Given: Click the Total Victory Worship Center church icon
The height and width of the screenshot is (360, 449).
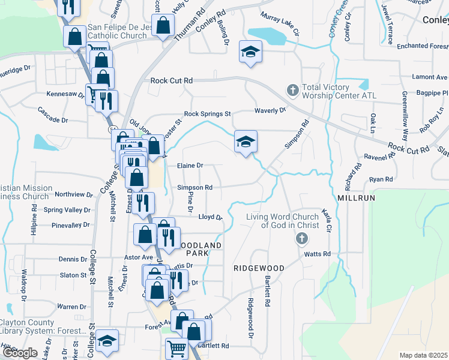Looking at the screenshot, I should pos(292,90).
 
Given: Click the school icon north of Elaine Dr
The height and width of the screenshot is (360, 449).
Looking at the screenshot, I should pos(246,141).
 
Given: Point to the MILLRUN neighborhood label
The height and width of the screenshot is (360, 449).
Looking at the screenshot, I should pos(355,197).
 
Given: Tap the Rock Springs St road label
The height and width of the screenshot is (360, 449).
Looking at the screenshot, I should pos(207,113).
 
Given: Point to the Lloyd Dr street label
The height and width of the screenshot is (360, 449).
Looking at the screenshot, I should pos(210,217).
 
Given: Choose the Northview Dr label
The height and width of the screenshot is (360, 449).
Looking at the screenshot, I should pos(73,194).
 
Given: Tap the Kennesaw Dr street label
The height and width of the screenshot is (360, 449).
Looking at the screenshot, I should pos(65,94).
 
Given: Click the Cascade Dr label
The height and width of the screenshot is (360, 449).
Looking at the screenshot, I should pos(53,112).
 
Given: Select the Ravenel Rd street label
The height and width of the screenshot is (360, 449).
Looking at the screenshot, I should pos(379,157).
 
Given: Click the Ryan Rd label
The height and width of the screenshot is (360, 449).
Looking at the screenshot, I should pos(381,179).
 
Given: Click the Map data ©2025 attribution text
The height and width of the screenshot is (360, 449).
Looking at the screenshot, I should pos(423,355).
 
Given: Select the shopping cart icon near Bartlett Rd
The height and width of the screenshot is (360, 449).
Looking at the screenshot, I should pos(176,349).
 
